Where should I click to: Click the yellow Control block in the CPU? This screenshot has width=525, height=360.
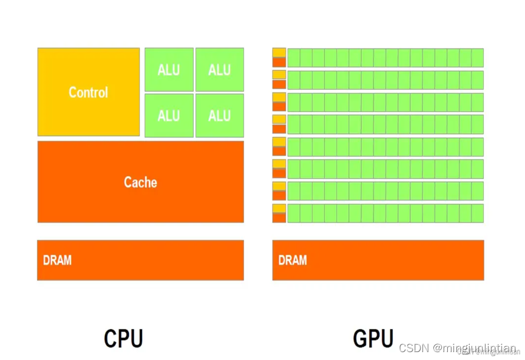point(89,92)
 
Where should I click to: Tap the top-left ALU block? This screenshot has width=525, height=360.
point(169,70)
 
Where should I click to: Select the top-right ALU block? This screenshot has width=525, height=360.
point(219,70)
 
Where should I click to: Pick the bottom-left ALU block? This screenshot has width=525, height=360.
point(169,115)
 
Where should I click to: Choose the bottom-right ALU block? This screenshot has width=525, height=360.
point(219,115)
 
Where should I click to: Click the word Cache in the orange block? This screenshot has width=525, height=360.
point(140,182)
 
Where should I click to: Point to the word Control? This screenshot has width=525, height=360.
point(89,92)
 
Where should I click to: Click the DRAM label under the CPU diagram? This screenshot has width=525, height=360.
point(57,260)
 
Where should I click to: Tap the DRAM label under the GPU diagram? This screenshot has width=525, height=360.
point(293,260)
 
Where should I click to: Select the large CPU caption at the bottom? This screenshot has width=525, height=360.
point(123,338)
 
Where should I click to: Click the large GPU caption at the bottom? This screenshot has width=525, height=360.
point(373,338)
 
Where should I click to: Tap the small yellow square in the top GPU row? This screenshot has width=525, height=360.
point(279,52)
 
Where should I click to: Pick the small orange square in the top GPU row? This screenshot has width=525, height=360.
point(279,62)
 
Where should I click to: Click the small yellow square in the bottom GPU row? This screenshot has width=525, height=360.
point(279,209)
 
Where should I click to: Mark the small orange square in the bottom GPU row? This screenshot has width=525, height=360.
point(279,218)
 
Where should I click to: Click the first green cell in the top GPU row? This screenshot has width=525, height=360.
point(294,58)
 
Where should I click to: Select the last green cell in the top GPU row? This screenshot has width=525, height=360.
point(477,58)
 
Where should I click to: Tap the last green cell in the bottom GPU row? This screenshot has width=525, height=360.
point(477,213)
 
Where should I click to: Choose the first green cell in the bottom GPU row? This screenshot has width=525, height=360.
point(294,213)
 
